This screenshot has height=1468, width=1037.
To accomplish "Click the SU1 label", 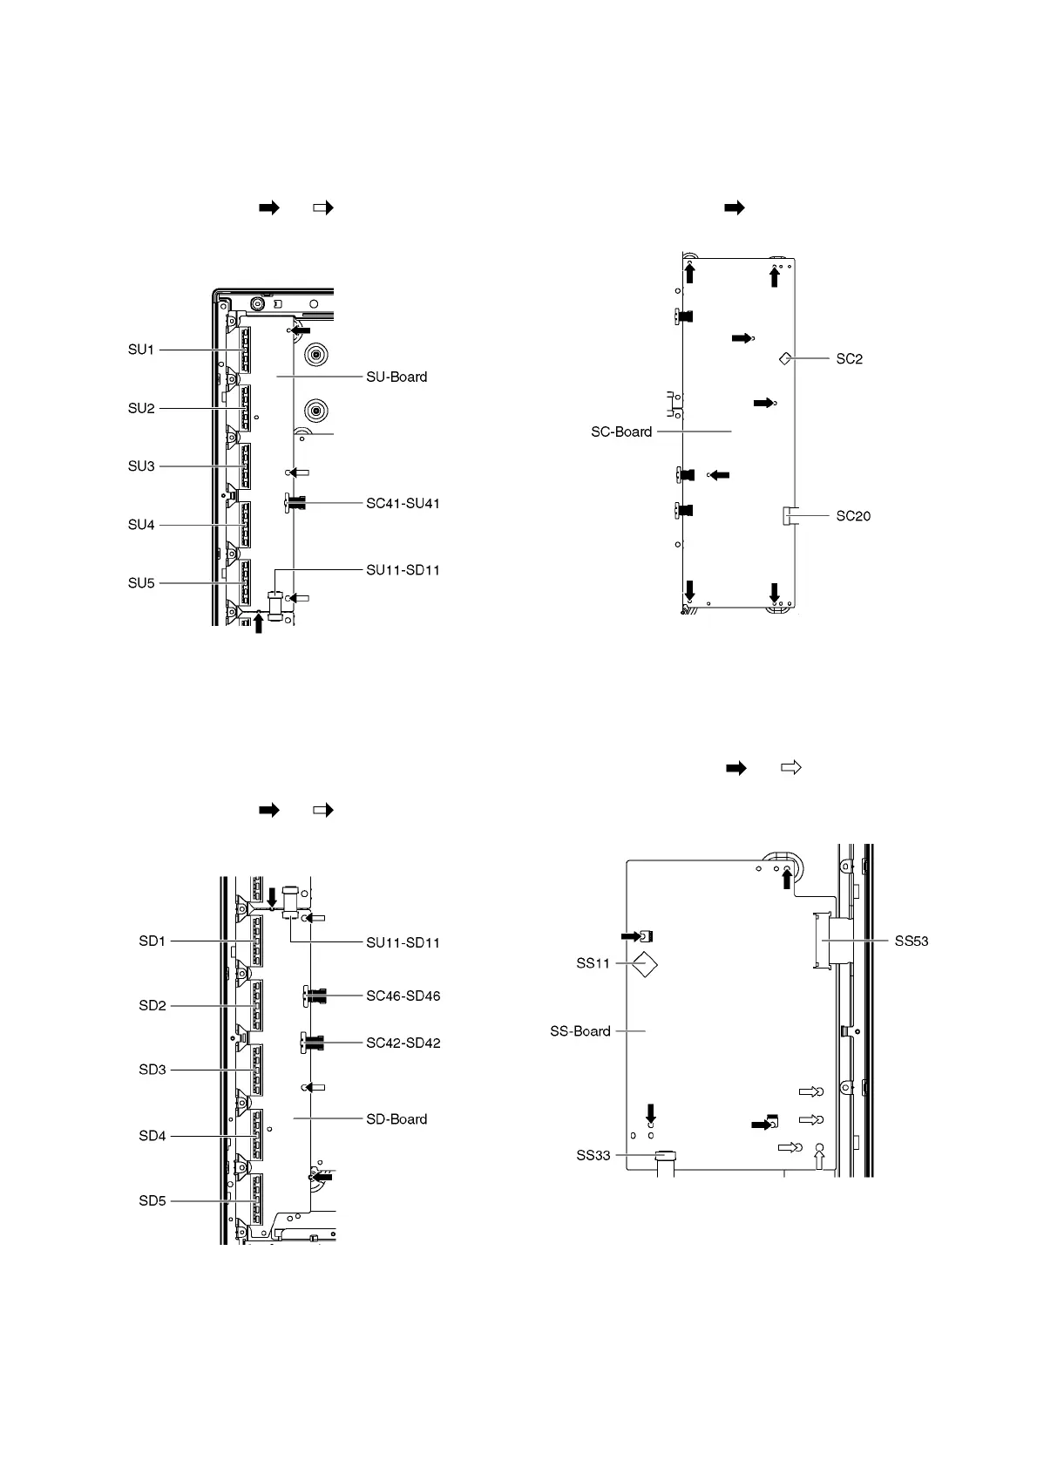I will (141, 350).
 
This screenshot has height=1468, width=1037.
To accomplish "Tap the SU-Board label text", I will (396, 377).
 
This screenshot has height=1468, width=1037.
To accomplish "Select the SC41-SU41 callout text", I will (403, 504).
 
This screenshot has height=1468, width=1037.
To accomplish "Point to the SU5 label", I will (141, 583).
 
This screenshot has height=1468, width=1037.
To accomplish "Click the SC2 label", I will (849, 359).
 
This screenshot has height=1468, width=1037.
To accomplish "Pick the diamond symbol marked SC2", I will (785, 358).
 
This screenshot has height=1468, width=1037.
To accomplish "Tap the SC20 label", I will (853, 516).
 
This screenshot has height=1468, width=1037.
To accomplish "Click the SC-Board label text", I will (621, 432).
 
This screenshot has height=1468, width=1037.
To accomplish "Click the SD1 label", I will (152, 941).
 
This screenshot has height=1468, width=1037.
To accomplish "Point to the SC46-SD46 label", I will (403, 996).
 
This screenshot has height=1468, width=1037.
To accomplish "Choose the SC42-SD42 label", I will (403, 1043).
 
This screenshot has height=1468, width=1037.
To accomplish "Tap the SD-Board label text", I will (396, 1119).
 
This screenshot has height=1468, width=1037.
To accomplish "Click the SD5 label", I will (152, 1201).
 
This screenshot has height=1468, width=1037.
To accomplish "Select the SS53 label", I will (912, 941).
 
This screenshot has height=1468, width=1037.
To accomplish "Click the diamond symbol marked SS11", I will (644, 964).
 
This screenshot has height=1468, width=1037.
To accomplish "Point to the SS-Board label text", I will (580, 1031).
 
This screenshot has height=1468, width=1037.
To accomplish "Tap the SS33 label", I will (593, 1156).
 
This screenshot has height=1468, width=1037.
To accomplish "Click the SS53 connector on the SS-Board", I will (822, 941).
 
